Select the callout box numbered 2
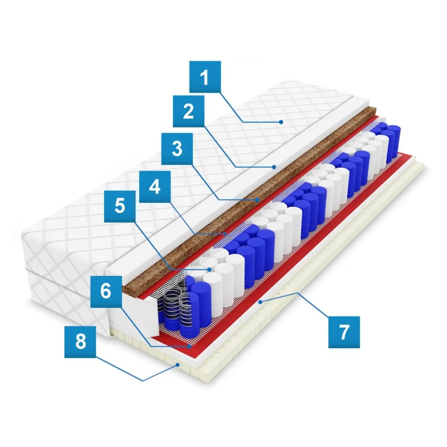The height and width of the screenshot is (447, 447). (188, 111)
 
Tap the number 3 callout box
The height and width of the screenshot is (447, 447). (177, 148)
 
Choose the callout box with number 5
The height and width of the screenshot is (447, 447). (120, 206)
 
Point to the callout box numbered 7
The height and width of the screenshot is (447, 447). (344, 332)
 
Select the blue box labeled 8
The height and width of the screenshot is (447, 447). (81, 342)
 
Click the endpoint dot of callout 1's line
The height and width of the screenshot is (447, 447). (282, 122)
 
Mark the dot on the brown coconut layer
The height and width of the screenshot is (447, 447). (258, 199)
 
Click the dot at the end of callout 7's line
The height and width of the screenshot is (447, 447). (260, 301)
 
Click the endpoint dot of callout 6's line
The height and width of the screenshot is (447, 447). (191, 346)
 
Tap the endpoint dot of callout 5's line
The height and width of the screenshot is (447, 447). (210, 270)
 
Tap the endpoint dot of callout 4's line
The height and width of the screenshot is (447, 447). (226, 234)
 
